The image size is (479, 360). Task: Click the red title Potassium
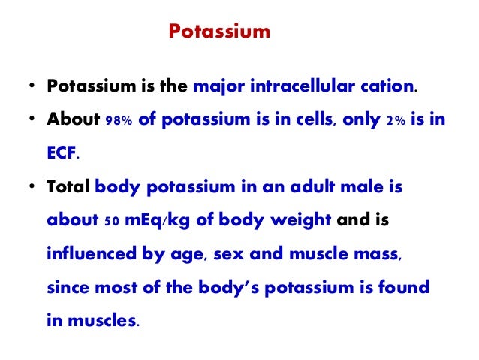click(218, 32)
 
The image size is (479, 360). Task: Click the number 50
click(110, 222)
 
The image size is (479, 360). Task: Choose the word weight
click(300, 222)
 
